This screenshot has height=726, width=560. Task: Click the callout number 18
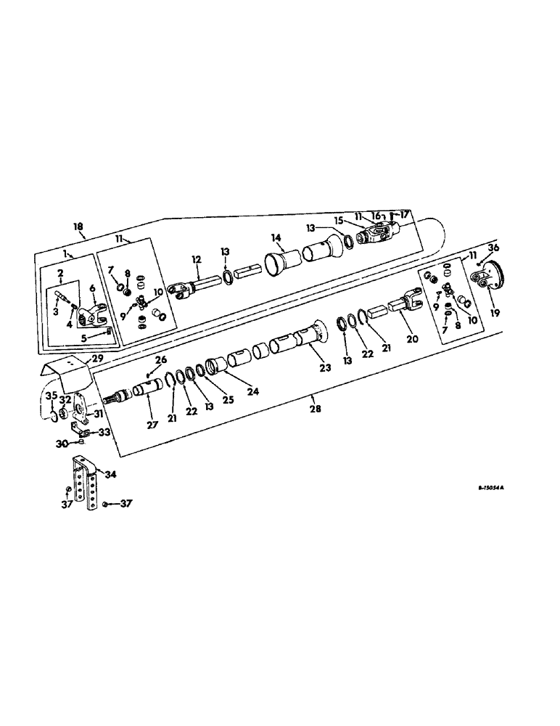(x=78, y=227)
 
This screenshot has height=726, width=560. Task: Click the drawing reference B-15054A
(x=490, y=489)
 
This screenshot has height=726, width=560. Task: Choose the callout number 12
(x=195, y=259)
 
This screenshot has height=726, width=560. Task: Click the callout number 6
(x=91, y=287)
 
